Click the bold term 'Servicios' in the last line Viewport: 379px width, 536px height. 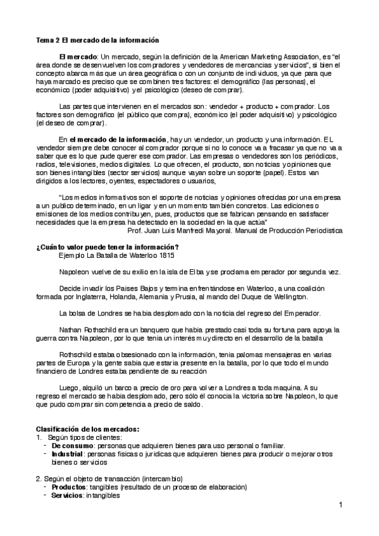click(67, 496)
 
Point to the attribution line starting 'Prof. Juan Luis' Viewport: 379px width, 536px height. click(234, 231)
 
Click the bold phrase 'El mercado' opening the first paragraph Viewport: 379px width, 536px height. click(78, 56)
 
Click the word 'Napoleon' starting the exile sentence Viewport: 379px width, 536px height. click(75, 272)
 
